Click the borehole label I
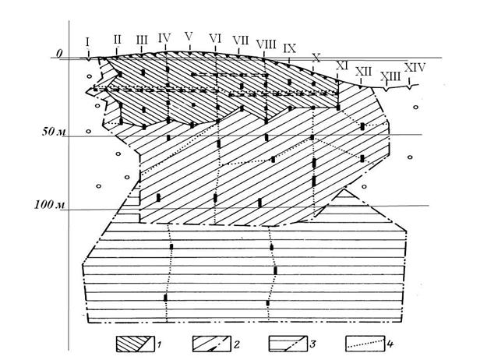(x=88, y=42)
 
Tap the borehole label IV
(x=164, y=38)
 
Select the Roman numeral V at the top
(x=189, y=37)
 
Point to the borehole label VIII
(x=266, y=44)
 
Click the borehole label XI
(x=342, y=65)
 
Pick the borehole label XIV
(x=415, y=67)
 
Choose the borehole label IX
(x=289, y=48)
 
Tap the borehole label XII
(x=363, y=72)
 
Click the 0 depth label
(x=59, y=54)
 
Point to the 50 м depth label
(x=54, y=132)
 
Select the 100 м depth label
(x=49, y=204)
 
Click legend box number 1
(x=135, y=344)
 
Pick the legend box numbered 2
(x=211, y=344)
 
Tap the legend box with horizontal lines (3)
(x=288, y=344)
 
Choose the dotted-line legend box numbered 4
(x=365, y=344)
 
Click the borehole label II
(x=117, y=40)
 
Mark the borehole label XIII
(x=390, y=76)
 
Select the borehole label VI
(x=215, y=38)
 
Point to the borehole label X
(x=316, y=57)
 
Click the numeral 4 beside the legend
(x=390, y=344)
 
